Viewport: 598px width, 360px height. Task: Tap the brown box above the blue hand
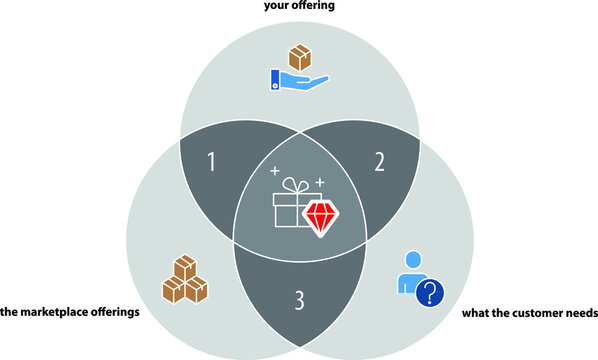[x=299, y=56]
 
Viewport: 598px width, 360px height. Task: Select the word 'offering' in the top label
[x=312, y=5]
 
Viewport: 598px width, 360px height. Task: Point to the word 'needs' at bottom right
[x=581, y=313]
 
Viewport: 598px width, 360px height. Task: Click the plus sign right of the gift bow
[x=320, y=182]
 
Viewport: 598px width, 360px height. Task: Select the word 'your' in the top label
[x=276, y=5]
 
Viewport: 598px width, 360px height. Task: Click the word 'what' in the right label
[x=474, y=313]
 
